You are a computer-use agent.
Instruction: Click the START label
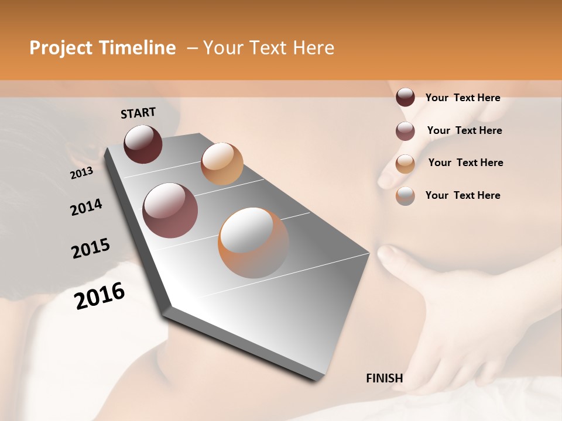[x=138, y=113]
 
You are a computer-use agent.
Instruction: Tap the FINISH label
[x=384, y=378]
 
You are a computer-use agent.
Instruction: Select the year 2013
[x=81, y=173]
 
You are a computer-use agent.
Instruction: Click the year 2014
[x=86, y=208]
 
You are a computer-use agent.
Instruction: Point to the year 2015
[x=91, y=249]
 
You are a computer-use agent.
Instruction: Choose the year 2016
[x=100, y=295]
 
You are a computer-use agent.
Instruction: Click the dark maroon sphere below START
[x=143, y=144]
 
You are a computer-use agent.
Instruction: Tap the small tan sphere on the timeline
[x=222, y=163]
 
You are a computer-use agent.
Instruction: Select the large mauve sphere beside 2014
[x=170, y=210]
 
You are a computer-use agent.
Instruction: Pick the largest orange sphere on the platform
[x=253, y=243]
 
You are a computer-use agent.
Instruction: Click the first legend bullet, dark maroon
[x=405, y=98]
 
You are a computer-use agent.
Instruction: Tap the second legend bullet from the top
[x=405, y=131]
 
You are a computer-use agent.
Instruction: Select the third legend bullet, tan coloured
[x=405, y=164]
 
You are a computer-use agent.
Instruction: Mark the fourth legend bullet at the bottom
[x=405, y=196]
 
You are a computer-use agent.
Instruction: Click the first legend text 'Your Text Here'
[x=462, y=98]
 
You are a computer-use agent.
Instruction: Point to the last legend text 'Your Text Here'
[x=462, y=195]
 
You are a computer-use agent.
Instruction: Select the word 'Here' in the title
[x=313, y=48]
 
